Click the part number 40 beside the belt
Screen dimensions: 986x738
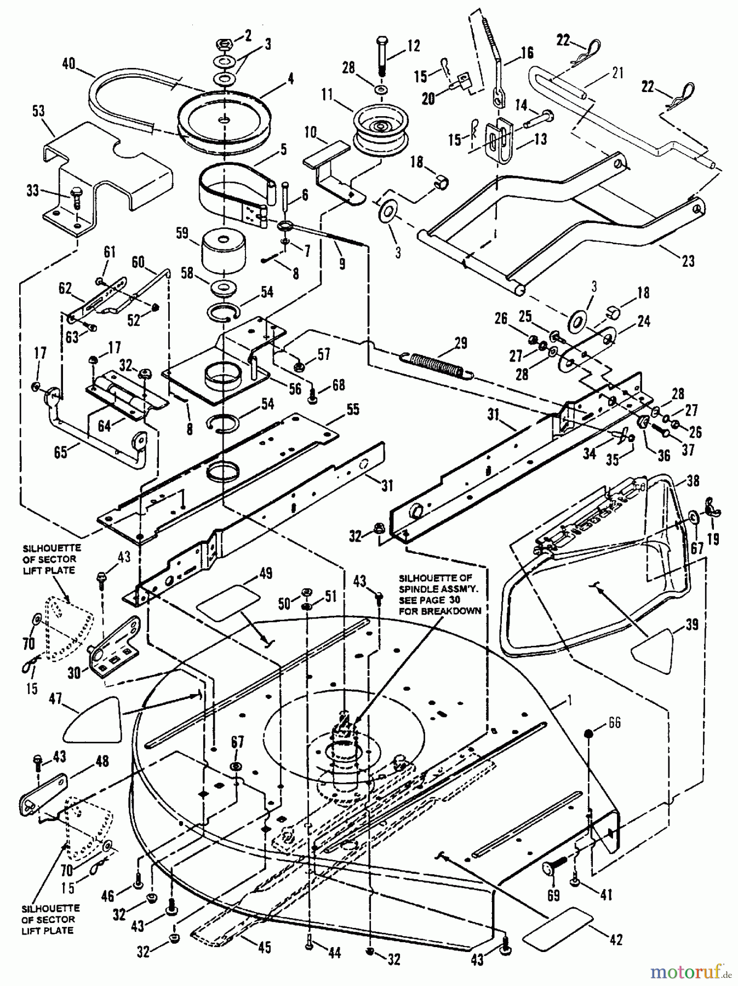tap(69, 64)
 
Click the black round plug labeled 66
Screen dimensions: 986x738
tap(588, 733)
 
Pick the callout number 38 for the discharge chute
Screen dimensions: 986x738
tap(693, 480)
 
